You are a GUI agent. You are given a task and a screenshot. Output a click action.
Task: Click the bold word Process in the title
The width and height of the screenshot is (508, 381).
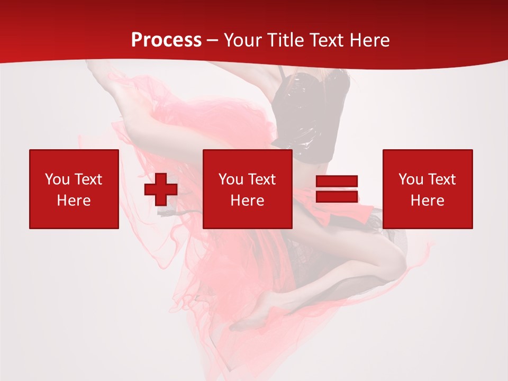pos(166,40)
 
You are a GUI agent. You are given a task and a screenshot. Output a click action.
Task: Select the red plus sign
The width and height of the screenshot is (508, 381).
pos(161,189)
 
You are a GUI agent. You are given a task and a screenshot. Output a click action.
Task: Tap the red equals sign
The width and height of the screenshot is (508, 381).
pos(337,189)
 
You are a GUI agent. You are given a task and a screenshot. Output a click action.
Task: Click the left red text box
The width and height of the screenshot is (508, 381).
pos(74,189)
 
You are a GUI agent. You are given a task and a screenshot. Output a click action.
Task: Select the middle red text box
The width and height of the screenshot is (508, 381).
pos(247,189)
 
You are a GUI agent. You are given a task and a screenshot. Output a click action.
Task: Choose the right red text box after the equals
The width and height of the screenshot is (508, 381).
pos(427,189)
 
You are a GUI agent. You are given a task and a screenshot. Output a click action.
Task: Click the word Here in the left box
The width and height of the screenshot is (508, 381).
pos(74,201)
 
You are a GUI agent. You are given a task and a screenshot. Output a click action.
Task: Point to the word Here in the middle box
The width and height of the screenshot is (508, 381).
pos(247,201)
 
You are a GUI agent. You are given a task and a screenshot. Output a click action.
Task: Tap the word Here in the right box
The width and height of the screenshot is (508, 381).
pos(427,201)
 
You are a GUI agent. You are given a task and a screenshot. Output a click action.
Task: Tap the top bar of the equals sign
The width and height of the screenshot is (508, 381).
pos(337,182)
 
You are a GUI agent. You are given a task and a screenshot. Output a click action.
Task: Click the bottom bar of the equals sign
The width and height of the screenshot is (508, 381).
pos(337,196)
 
